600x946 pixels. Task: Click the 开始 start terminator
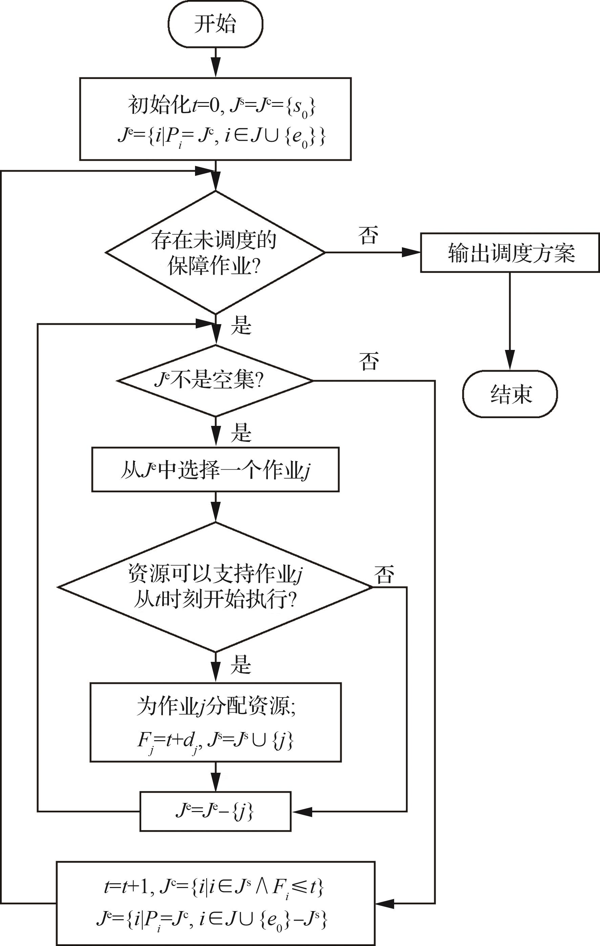coord(215,24)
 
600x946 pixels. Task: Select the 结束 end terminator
coord(510,394)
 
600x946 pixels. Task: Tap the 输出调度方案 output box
coord(510,253)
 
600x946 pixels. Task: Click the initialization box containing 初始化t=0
coord(215,119)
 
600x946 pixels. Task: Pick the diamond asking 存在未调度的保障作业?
coord(215,252)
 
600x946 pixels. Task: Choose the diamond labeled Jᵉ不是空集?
coord(215,380)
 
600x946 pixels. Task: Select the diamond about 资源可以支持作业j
coord(215,587)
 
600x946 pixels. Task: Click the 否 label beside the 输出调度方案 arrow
coord(368,235)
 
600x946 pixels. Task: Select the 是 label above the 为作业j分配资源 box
coord(240,664)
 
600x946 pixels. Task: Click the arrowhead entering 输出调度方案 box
coord(412,252)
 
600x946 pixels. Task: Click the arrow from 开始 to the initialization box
coord(215,63)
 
